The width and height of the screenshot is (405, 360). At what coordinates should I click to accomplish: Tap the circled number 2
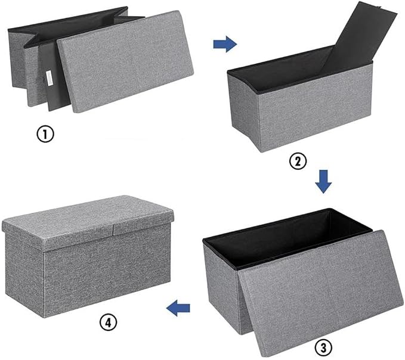[x=298, y=162]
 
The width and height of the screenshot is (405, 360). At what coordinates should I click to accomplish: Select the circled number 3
[x=323, y=347]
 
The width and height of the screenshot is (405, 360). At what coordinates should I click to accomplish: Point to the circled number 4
[x=109, y=322]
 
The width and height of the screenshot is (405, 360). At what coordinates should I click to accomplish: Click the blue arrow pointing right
[x=225, y=44]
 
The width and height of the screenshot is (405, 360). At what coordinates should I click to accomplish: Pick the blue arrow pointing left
[x=178, y=308]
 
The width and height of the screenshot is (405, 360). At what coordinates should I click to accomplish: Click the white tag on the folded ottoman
[x=50, y=77]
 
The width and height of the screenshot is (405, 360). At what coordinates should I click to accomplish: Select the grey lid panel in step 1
[x=125, y=61]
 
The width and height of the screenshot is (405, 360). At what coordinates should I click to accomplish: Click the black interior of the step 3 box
[x=287, y=237]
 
